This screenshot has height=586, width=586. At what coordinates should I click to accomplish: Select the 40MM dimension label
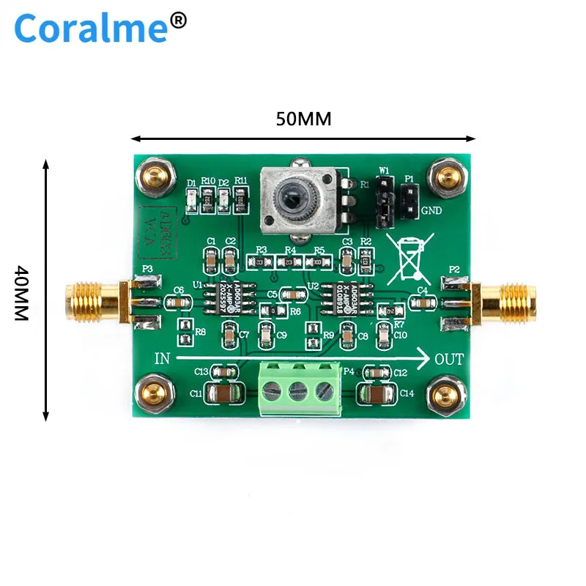pos(21,292)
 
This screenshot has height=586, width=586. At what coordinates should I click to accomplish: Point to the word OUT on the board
pos(448,359)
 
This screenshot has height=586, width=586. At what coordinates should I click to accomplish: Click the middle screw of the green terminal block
pos(298,390)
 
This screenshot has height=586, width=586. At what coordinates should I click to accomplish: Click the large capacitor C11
pos(220,393)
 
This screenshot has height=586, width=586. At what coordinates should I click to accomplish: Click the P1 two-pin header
pos(408,198)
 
